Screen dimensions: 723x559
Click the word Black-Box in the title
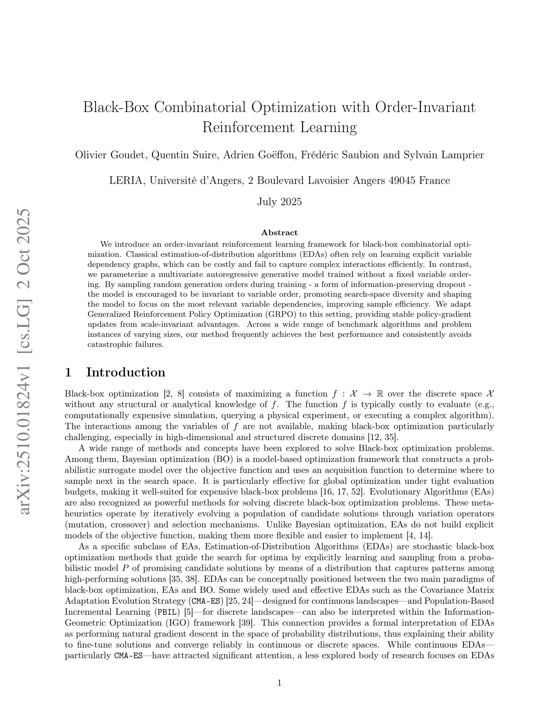coord(116,107)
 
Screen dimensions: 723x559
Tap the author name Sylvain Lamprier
coord(444,155)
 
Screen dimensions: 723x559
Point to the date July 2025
coord(279,202)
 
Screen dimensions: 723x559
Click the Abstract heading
coord(279,233)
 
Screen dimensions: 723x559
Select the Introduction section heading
coord(125,372)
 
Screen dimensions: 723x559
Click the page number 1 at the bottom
coord(279,683)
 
